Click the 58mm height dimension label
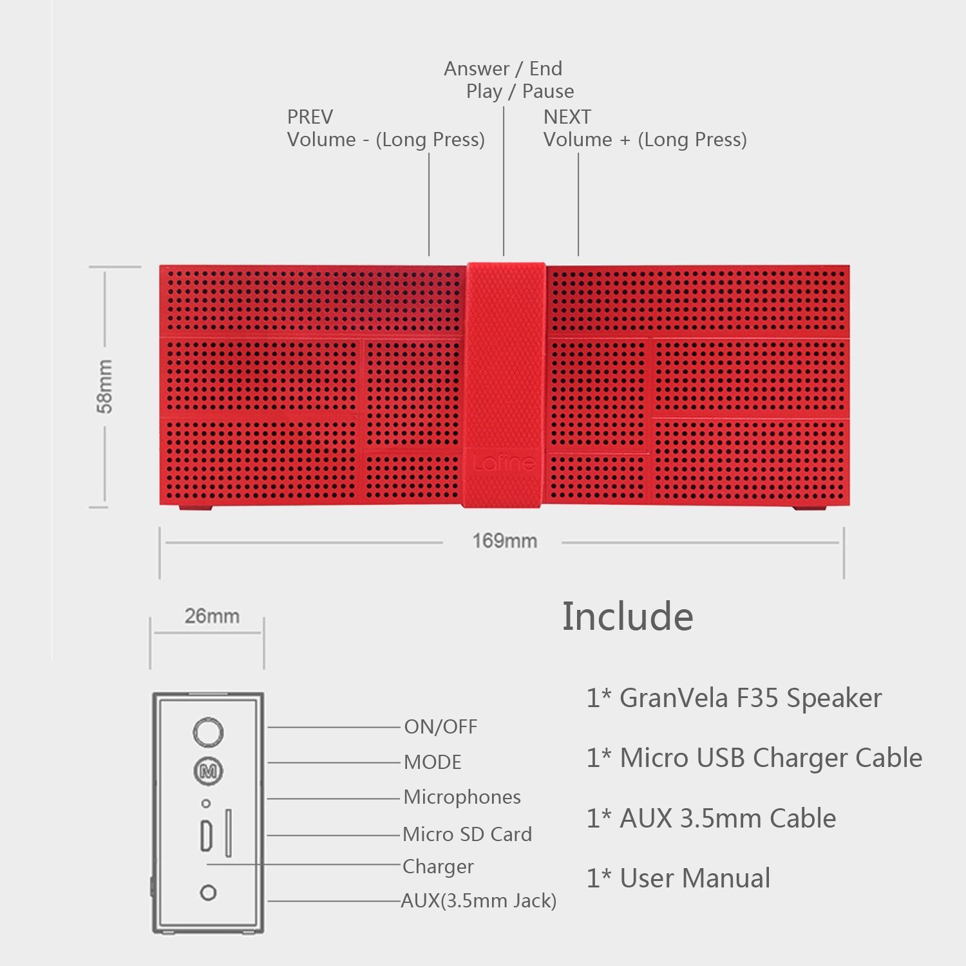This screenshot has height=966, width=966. click(x=104, y=386)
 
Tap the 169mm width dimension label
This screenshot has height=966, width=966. click(x=504, y=541)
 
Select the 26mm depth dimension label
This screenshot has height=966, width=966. click(x=212, y=616)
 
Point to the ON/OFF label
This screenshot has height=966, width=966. click(x=440, y=727)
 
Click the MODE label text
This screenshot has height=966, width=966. click(x=433, y=762)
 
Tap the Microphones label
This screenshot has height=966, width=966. click(x=462, y=797)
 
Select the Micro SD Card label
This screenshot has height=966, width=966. click(x=467, y=835)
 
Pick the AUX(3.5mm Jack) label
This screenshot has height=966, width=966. click(x=478, y=900)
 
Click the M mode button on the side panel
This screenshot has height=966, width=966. click(x=208, y=771)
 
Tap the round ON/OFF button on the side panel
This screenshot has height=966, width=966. click(x=208, y=732)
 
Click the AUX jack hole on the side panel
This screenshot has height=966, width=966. click(x=208, y=893)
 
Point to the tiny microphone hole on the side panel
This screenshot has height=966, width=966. click(x=206, y=804)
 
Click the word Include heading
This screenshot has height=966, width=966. click(x=627, y=616)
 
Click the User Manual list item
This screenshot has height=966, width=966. click(x=678, y=878)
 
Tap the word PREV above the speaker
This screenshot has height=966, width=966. click(x=310, y=117)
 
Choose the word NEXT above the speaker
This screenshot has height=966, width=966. click(x=567, y=117)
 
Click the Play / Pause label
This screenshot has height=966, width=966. click(x=520, y=91)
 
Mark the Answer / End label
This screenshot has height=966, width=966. click(x=503, y=68)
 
